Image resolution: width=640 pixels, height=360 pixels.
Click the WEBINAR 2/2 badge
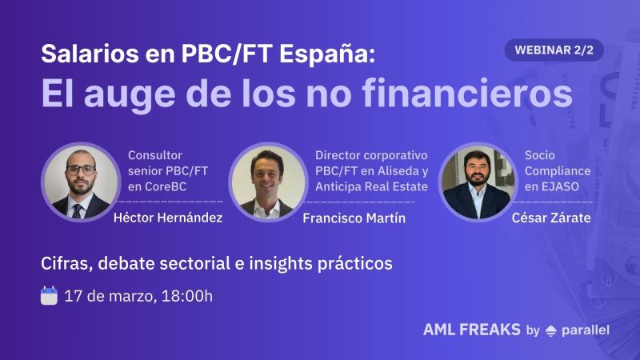pyautogui.click(x=554, y=50)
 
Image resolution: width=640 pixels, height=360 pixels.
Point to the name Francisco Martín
pyautogui.click(x=354, y=218)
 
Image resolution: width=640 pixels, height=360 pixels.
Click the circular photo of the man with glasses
pyautogui.click(x=81, y=182)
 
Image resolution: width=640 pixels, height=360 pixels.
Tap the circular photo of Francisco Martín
pyautogui.click(x=268, y=182)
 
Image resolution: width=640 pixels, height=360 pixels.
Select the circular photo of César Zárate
pyautogui.click(x=477, y=182)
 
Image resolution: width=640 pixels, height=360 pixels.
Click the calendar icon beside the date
pyautogui.click(x=50, y=296)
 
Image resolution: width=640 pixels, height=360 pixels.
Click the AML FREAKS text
pyautogui.click(x=471, y=330)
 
